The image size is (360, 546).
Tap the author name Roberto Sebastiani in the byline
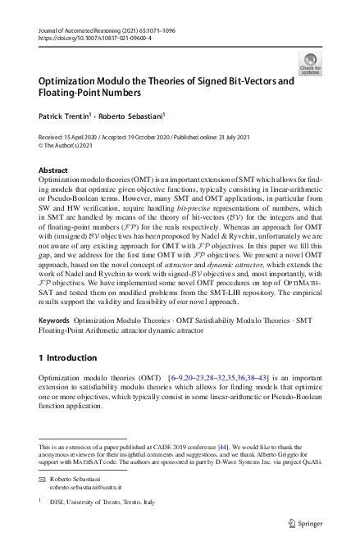tap(137, 116)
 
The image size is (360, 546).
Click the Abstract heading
tap(53, 170)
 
